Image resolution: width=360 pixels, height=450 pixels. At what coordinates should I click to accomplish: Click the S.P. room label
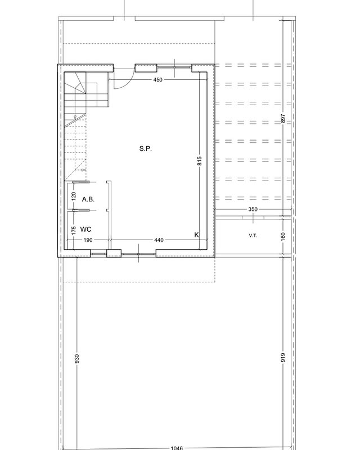tap(146, 148)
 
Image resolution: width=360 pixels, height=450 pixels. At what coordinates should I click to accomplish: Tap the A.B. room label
tap(88, 199)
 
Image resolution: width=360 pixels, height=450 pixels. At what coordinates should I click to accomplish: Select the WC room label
tap(86, 229)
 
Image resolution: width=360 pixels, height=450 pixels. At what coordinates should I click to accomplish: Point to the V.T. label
tap(253, 236)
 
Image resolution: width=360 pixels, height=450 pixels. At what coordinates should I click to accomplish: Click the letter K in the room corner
tap(197, 235)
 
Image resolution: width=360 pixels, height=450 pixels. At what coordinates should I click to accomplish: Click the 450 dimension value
tap(158, 80)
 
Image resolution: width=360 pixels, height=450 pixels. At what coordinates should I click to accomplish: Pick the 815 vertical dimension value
tap(200, 161)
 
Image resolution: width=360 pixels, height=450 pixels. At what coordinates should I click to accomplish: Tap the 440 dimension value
tap(159, 240)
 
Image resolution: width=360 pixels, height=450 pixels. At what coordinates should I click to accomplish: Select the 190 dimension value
tap(88, 240)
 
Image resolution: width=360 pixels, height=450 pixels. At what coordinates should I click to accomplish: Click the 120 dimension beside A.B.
tap(74, 196)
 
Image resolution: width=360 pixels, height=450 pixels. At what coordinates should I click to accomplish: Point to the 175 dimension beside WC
tap(74, 231)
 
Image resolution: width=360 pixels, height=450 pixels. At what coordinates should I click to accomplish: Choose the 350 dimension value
tap(253, 209)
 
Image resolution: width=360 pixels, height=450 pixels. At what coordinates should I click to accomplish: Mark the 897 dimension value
tap(283, 119)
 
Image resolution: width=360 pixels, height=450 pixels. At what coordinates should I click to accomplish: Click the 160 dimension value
tap(283, 236)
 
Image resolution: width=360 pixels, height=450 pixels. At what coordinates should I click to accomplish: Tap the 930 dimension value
tap(76, 359)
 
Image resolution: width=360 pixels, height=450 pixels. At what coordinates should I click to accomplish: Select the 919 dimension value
tap(283, 357)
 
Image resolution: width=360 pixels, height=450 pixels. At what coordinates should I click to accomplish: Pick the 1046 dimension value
tap(177, 448)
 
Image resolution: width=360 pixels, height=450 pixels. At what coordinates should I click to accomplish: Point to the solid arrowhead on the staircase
tap(75, 118)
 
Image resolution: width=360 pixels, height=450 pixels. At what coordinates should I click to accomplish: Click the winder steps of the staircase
tap(75, 83)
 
